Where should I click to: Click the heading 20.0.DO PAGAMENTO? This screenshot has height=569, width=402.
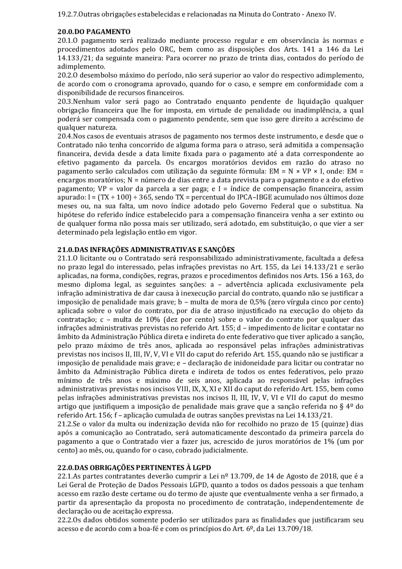[x=94, y=32]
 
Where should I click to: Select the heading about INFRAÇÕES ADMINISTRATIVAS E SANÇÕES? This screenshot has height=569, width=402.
[x=146, y=249]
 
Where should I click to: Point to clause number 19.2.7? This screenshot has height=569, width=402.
[x=67, y=14]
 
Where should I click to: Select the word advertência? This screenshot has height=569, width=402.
[x=256, y=284]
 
